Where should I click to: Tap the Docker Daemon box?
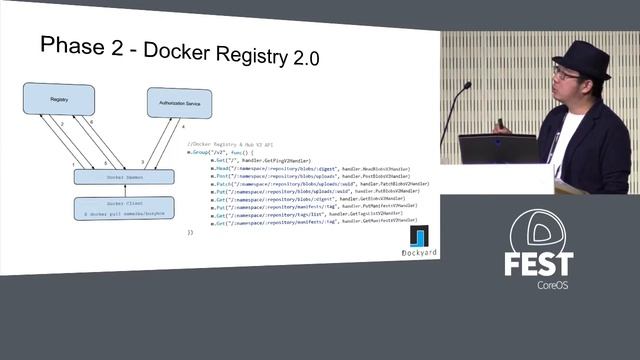(124, 177)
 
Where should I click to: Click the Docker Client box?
(124, 208)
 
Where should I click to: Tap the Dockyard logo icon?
(421, 238)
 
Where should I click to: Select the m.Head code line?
(300, 169)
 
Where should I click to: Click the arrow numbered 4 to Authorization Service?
(165, 143)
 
